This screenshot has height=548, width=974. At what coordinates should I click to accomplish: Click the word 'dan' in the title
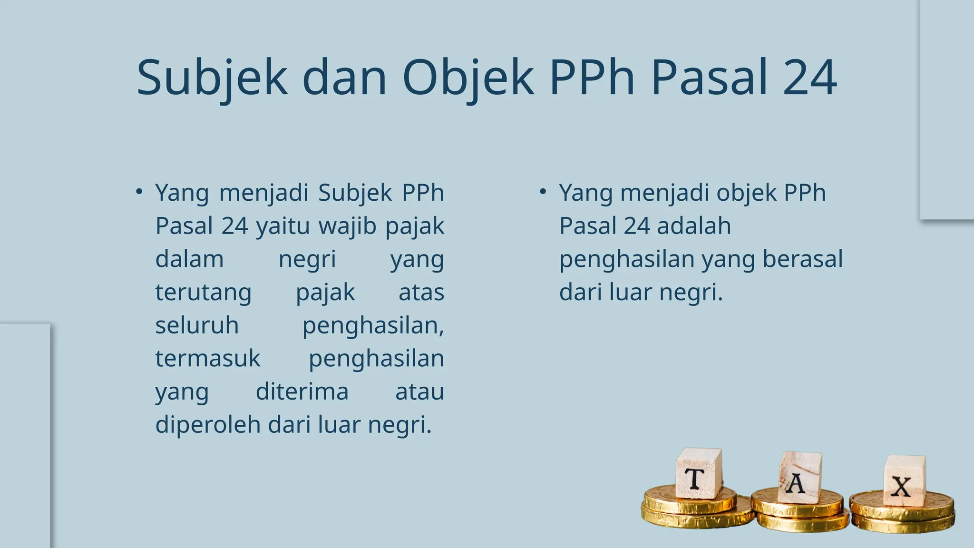(344, 78)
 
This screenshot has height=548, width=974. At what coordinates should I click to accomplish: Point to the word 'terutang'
(203, 293)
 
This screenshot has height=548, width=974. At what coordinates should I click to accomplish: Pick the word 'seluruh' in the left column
(197, 325)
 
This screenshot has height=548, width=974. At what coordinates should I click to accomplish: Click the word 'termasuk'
(208, 358)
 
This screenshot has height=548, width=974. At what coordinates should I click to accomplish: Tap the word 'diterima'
(302, 391)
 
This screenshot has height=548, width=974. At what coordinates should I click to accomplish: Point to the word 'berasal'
(802, 259)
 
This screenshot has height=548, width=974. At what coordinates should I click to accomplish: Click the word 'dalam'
(189, 259)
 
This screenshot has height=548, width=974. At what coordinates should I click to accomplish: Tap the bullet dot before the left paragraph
(139, 192)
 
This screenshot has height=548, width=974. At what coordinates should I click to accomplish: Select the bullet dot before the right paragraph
(543, 192)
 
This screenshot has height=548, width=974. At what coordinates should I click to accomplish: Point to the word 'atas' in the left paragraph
(421, 293)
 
